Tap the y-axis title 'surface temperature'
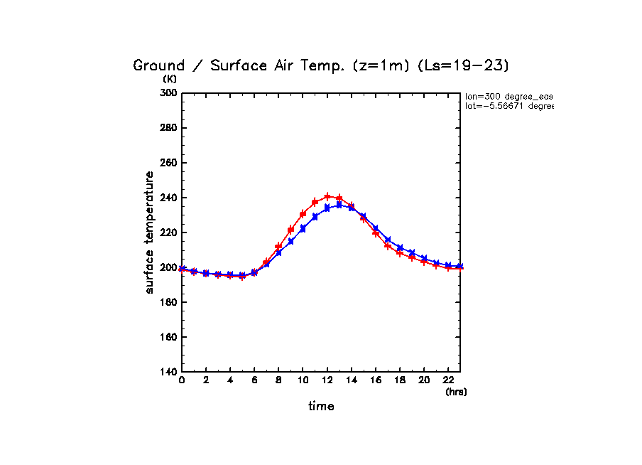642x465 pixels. [x=149, y=232]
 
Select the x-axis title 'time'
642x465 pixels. [x=321, y=406]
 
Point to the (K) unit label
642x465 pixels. [x=170, y=79]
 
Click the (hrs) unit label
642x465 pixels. [x=456, y=392]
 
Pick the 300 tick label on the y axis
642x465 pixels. [x=168, y=93]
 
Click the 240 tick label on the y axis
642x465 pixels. [x=168, y=198]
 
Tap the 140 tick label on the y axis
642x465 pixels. [x=168, y=372]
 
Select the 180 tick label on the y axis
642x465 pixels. [x=168, y=302]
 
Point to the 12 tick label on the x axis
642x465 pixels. [x=327, y=381]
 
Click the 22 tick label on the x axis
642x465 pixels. [x=448, y=381]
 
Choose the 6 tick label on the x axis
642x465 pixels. [x=254, y=381]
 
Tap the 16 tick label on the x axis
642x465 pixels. [x=376, y=381]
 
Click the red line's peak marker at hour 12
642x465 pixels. [x=327, y=196]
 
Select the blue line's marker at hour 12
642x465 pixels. [x=327, y=208]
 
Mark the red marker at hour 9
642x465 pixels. [x=290, y=230]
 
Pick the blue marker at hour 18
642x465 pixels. [x=400, y=247]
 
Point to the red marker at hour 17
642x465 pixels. [x=388, y=246]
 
